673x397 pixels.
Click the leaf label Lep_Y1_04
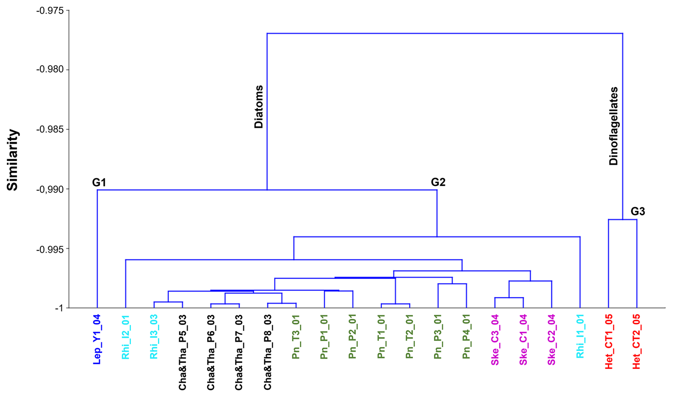97,339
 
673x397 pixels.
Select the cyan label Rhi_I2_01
125,337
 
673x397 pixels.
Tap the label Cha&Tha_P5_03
182,352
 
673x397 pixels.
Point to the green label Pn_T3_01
296,337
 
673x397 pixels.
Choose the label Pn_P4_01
466,337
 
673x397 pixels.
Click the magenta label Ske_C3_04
494,340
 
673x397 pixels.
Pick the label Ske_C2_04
551,340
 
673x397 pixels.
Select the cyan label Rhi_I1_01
580,336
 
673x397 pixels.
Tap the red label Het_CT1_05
608,341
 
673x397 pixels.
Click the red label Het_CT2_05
636,341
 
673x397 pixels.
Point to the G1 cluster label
99,183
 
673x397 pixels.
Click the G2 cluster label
438,182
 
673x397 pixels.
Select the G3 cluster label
637,211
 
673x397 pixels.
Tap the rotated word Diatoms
259,107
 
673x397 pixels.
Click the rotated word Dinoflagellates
614,126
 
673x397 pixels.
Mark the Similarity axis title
13,160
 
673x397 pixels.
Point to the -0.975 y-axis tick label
50,11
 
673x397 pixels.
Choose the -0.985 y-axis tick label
50,129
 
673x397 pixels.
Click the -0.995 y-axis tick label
50,249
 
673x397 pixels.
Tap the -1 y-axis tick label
59,308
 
